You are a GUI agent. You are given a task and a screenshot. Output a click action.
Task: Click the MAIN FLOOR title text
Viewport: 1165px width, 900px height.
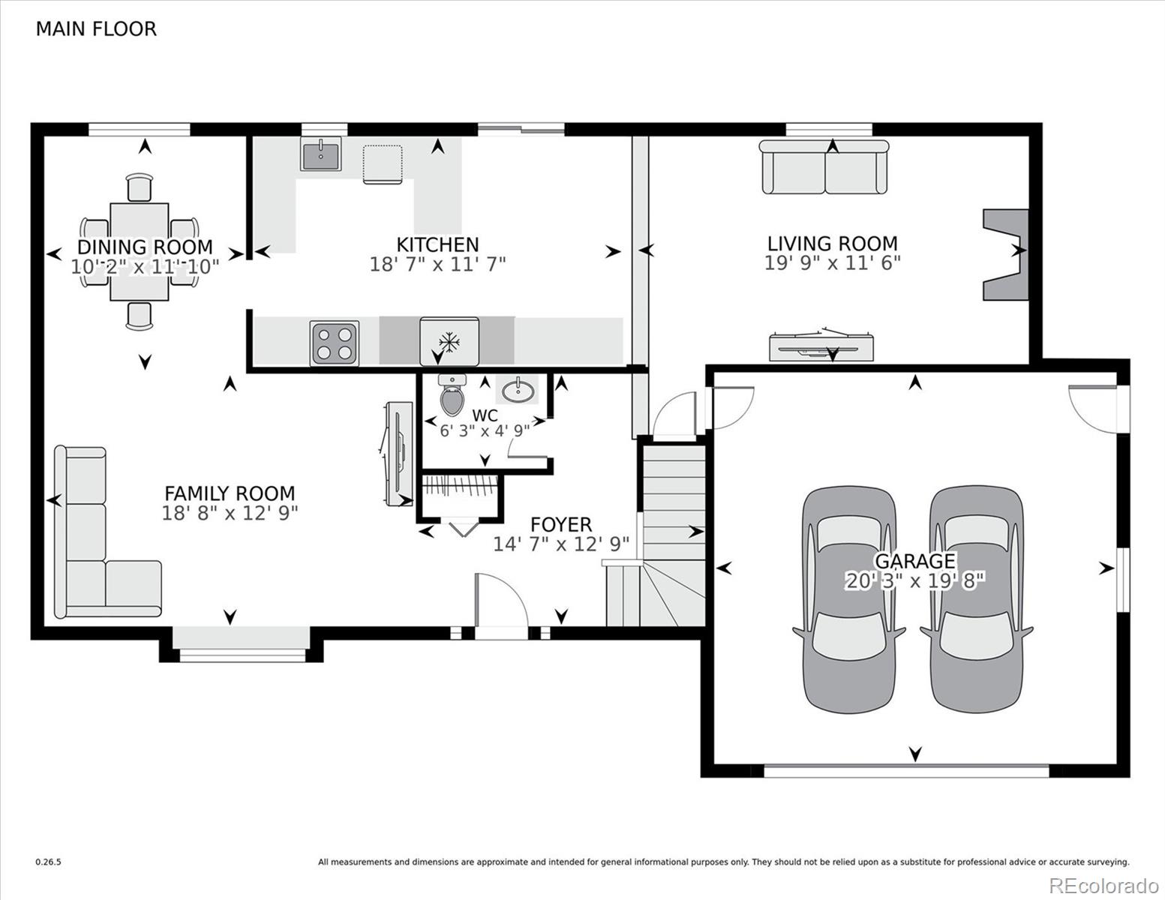point(96,29)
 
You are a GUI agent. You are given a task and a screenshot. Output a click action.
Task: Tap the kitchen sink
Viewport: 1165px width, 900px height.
point(320,154)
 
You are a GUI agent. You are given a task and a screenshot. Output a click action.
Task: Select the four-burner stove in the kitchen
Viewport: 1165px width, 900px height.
point(335,343)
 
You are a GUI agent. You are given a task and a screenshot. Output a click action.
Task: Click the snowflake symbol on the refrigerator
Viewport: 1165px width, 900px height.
point(449,342)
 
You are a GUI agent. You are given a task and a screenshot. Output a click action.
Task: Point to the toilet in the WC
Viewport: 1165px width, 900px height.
point(452,395)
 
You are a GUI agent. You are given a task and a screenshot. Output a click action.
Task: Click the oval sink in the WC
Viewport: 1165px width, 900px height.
point(519,391)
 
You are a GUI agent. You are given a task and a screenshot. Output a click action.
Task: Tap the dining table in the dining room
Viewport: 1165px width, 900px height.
point(140,251)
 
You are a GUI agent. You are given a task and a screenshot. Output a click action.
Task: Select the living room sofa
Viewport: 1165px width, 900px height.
point(824,166)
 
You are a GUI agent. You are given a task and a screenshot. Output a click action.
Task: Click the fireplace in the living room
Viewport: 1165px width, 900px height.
point(1006,254)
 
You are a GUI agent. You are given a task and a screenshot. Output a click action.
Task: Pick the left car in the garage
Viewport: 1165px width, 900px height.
point(848,599)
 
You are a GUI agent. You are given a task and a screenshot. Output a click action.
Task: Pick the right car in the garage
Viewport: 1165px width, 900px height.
point(976,599)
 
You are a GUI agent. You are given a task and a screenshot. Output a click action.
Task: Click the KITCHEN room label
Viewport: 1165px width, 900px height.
point(437,245)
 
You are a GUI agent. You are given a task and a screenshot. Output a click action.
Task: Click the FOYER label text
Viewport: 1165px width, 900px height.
point(561,524)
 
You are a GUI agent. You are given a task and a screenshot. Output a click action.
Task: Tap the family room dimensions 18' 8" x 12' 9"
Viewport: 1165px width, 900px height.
point(230,513)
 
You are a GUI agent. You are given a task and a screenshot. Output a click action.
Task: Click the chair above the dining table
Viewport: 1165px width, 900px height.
point(140,187)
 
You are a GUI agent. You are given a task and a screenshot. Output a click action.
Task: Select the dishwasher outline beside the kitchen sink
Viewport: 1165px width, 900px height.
point(383,164)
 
